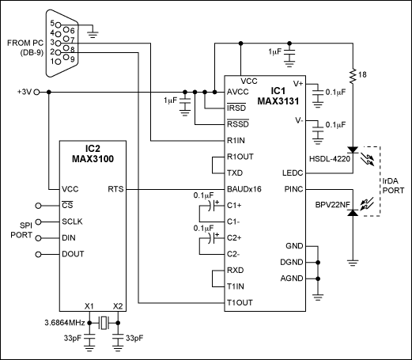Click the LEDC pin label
(292, 173)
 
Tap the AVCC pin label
(238, 92)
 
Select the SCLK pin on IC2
(74, 222)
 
